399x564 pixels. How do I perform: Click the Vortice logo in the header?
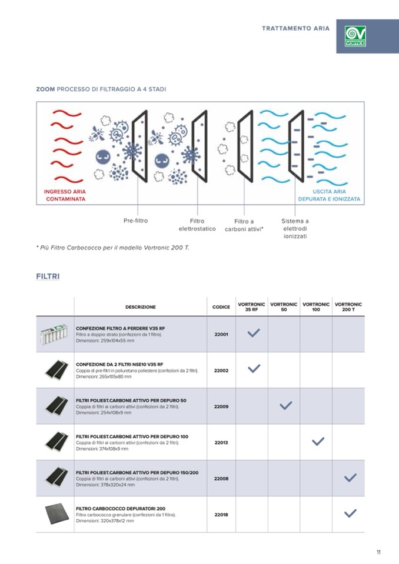tap(355, 36)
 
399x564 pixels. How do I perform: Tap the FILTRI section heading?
tap(48, 276)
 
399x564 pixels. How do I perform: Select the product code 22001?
tap(221, 334)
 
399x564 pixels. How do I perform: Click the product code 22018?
tap(221, 515)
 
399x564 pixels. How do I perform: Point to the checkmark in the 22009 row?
tap(286, 406)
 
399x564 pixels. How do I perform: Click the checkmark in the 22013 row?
tap(318, 442)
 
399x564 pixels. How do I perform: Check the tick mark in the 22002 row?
tap(254, 369)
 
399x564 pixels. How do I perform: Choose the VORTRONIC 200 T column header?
tap(348, 307)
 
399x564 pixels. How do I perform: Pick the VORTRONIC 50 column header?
tap(284, 307)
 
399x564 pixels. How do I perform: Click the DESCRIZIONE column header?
tap(141, 307)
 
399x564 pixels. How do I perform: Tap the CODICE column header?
tap(221, 307)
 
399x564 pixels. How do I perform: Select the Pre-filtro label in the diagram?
tap(135, 221)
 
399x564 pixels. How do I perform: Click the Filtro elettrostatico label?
tap(197, 225)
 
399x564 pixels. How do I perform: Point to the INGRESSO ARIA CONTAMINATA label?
tap(65, 195)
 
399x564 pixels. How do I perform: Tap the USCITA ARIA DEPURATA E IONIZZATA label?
tap(329, 195)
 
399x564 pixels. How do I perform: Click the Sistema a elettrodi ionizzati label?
tap(295, 229)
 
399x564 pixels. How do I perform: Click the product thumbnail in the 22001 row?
tap(54, 334)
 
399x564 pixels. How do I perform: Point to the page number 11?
tap(379, 552)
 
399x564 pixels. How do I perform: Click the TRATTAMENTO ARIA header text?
tap(295, 28)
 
